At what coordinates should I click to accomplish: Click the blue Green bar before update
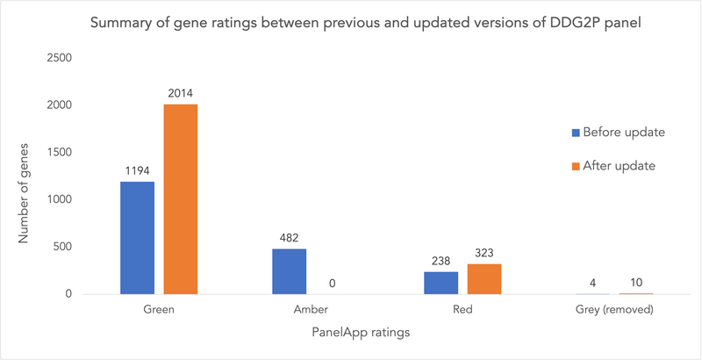(x=138, y=238)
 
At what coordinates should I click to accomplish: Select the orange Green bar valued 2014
(x=181, y=199)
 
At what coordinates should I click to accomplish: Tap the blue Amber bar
(x=290, y=271)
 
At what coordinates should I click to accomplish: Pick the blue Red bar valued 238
(x=441, y=283)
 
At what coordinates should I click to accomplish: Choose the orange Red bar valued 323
(x=484, y=279)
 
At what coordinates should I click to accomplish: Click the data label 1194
(x=138, y=170)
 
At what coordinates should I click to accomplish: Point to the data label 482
(x=290, y=238)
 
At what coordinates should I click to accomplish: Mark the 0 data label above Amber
(x=333, y=284)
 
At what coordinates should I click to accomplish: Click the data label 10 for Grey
(x=635, y=283)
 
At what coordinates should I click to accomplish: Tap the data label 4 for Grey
(x=592, y=283)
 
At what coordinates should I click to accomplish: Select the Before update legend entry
(x=619, y=133)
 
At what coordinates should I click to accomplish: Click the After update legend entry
(x=614, y=166)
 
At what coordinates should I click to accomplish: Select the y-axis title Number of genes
(x=24, y=193)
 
